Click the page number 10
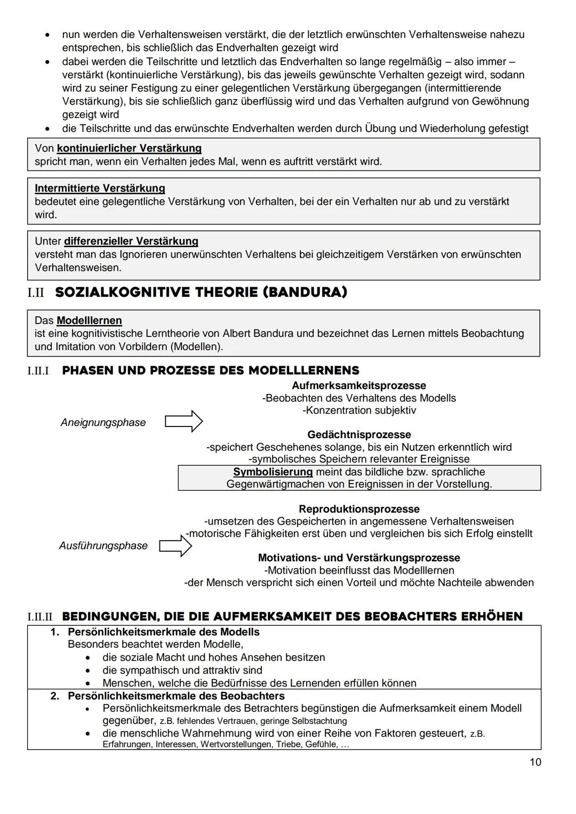click(x=535, y=762)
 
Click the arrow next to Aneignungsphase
click(x=183, y=422)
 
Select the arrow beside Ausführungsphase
click(x=175, y=546)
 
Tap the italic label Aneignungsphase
click(x=103, y=423)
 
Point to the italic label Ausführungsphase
click(x=103, y=546)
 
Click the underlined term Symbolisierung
click(x=273, y=472)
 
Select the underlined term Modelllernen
click(x=89, y=321)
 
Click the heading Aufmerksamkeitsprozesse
click(x=358, y=385)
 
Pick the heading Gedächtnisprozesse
click(x=359, y=435)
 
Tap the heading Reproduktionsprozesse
click(x=359, y=509)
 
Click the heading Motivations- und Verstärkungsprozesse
click(x=359, y=558)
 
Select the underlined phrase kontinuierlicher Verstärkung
click(x=129, y=148)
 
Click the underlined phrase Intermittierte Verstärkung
click(x=100, y=188)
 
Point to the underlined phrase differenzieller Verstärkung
click(x=131, y=241)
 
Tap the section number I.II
click(x=36, y=293)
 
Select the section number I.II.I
click(x=38, y=371)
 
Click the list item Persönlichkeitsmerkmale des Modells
click(x=163, y=632)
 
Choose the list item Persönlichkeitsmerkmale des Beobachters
click(x=176, y=696)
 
